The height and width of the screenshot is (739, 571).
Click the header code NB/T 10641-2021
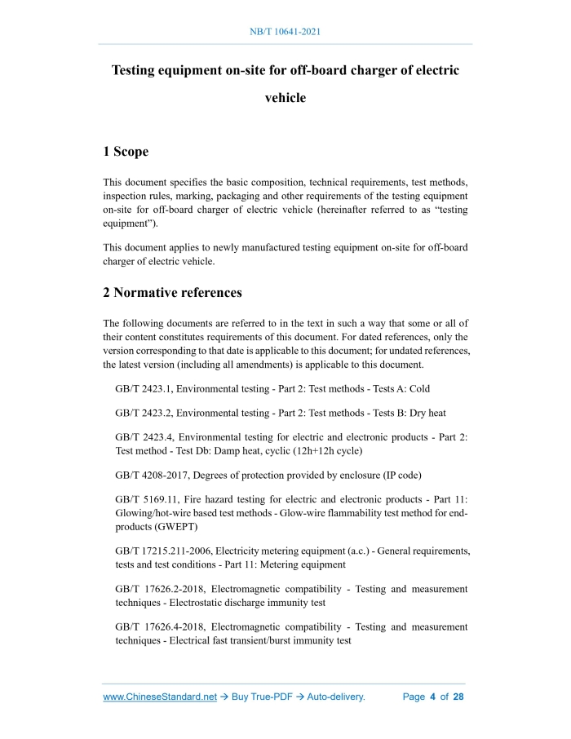[285, 32]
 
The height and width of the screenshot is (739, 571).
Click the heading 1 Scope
[126, 152]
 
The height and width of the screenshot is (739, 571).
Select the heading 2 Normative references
[172, 292]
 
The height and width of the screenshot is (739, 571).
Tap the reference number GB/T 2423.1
[143, 389]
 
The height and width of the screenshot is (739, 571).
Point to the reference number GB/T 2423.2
[143, 413]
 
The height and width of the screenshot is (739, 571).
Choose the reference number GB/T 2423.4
[143, 437]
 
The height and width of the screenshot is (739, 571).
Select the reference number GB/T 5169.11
[146, 499]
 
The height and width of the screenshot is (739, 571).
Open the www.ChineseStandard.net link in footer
[160, 697]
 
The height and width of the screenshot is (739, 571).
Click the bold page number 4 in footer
[432, 697]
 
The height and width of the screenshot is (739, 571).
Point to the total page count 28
[458, 697]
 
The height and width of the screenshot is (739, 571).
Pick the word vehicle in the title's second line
[285, 98]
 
